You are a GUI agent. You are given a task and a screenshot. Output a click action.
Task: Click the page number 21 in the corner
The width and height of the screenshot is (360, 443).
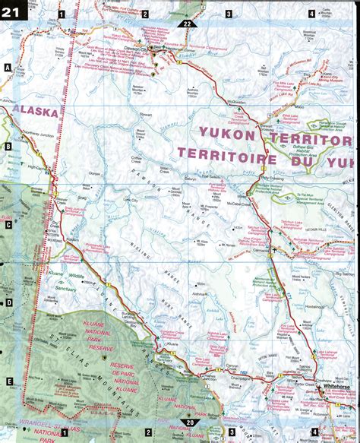[14, 11]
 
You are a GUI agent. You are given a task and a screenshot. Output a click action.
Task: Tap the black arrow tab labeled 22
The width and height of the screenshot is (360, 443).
[191, 24]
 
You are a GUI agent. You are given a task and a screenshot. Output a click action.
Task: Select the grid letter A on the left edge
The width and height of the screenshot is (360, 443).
[7, 68]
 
